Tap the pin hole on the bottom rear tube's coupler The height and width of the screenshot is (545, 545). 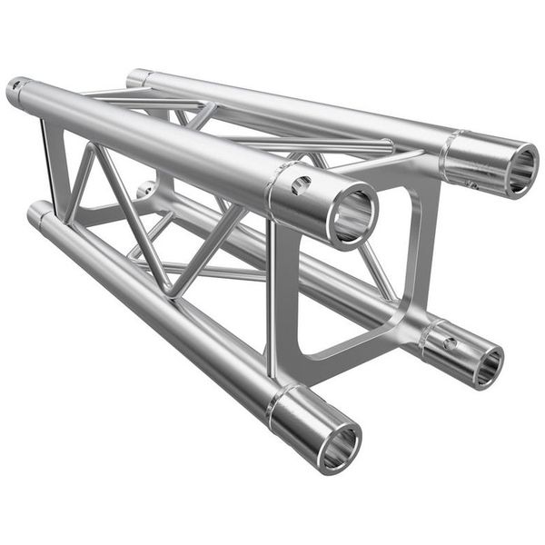(449, 344)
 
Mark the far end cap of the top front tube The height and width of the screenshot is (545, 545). (16, 91)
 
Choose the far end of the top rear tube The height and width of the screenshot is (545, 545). (138, 77)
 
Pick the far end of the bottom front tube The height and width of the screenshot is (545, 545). (38, 214)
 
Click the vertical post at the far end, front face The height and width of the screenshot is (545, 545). (46, 163)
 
